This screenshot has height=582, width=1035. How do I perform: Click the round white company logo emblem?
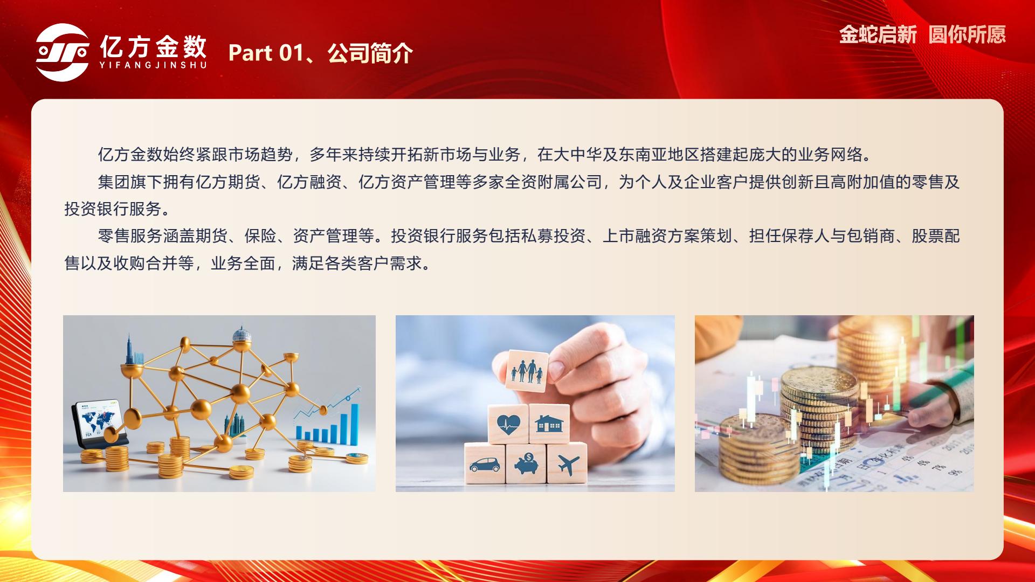(63, 52)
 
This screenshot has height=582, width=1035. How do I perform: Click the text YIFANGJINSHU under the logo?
(153, 65)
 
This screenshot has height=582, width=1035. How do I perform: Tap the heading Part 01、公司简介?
(321, 53)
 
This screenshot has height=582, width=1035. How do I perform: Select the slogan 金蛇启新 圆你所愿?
(922, 34)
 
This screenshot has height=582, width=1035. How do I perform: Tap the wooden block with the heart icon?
(508, 424)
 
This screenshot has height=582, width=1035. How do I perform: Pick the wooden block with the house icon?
(549, 424)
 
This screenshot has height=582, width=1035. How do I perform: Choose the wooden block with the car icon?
(485, 463)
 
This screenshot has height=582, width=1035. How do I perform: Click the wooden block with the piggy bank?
(526, 463)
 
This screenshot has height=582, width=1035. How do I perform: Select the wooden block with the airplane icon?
(567, 463)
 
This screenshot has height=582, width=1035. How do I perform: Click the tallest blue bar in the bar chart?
(355, 425)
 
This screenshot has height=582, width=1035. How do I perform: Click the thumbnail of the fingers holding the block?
(535, 403)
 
